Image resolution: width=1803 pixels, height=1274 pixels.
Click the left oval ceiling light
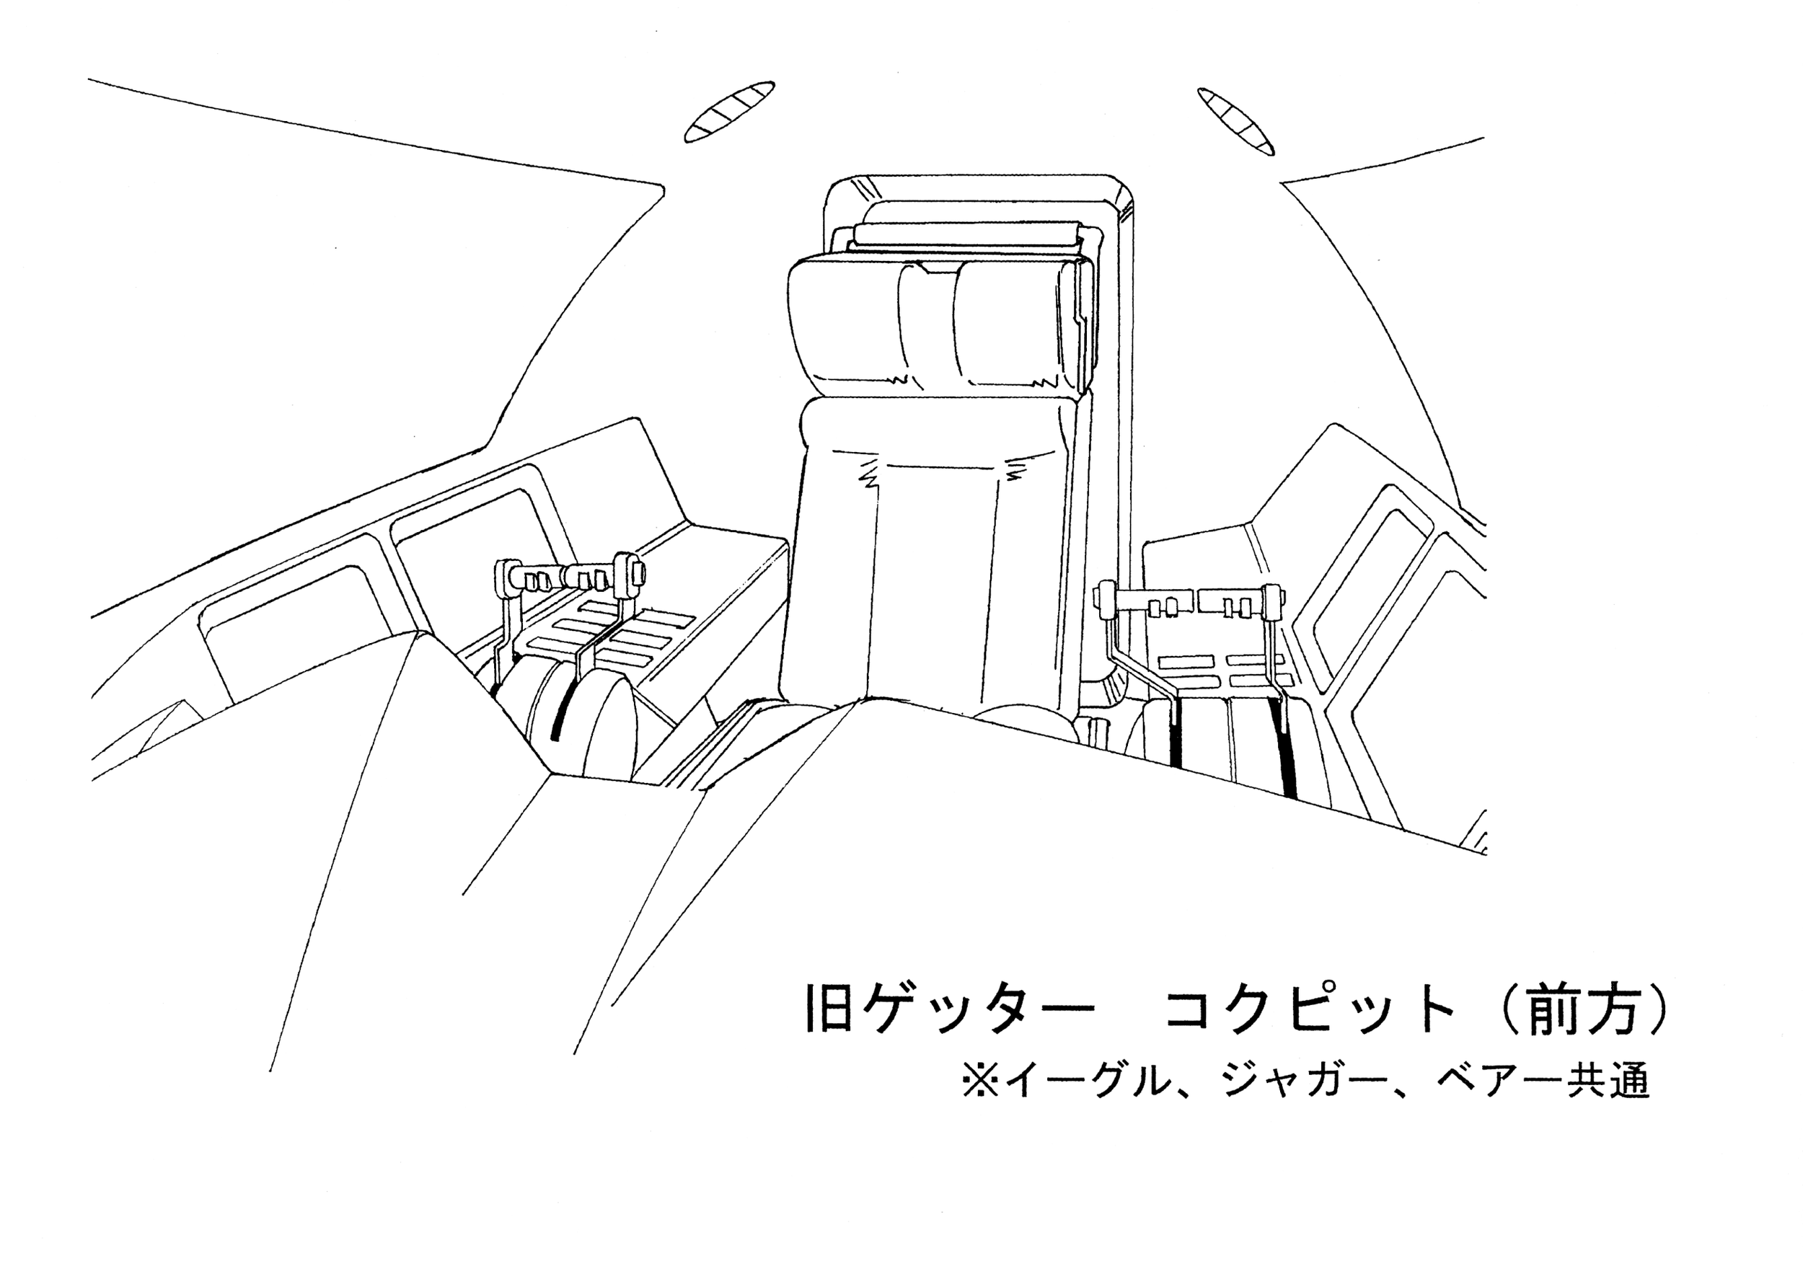728,112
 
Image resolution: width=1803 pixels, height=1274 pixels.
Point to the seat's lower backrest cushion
935,565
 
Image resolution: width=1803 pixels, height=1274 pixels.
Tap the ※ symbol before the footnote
981,1081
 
